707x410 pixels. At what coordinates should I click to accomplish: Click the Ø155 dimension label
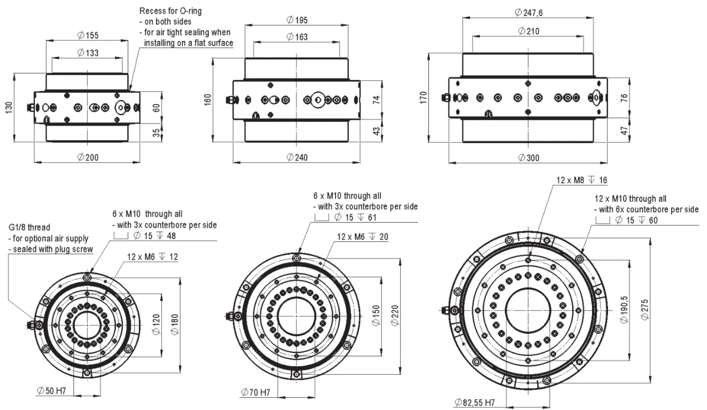(x=88, y=35)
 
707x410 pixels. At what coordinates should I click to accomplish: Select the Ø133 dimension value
(x=88, y=53)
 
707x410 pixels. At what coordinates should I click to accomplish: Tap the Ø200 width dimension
(x=88, y=157)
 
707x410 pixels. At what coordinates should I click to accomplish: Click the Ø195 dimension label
(x=298, y=20)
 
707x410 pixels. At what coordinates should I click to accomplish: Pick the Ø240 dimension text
(x=297, y=157)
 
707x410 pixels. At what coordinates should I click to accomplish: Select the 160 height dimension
(x=207, y=99)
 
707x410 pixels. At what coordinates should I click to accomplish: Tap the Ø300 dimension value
(x=528, y=157)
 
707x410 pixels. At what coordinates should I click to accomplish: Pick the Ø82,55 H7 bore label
(x=475, y=403)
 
